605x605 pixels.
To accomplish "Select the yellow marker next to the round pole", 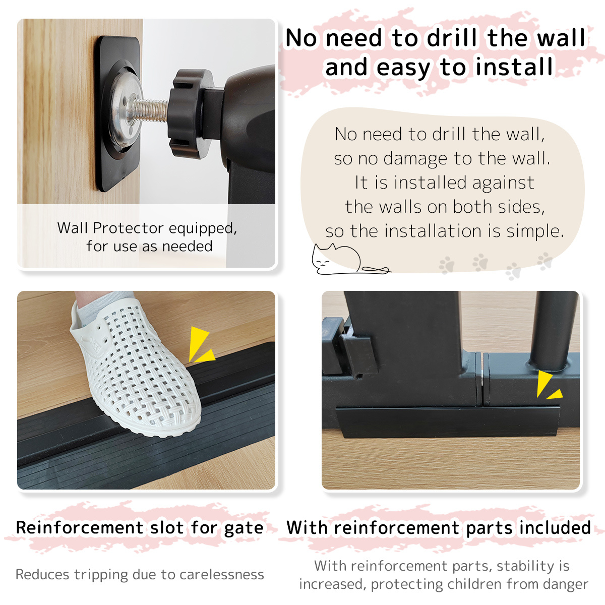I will [x=547, y=386].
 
